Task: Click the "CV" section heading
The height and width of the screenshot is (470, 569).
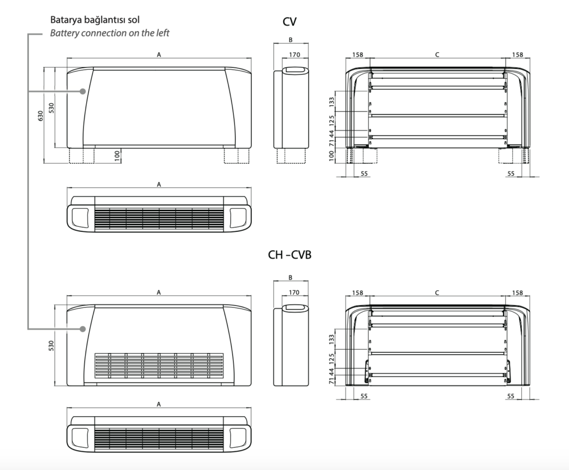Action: pos(290,22)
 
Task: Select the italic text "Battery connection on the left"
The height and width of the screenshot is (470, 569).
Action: pos(109,33)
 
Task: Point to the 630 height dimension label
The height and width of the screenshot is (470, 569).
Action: pos(40,115)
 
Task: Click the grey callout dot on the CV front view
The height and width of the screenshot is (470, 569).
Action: pos(82,91)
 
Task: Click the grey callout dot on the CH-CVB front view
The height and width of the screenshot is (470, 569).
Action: pos(82,329)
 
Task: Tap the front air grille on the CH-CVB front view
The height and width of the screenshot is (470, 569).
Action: pos(159,366)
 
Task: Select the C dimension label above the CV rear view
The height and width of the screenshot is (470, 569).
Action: pos(437,54)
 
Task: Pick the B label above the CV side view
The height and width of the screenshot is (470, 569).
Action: pos(291,40)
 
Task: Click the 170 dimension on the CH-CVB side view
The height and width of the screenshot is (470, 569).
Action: pos(295,292)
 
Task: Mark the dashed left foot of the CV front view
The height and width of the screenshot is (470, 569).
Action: pos(77,155)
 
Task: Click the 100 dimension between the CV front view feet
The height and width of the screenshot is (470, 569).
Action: pos(118,155)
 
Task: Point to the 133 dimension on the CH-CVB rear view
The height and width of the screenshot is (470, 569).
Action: pos(332,337)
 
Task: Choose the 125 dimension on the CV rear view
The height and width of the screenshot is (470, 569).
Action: pos(332,120)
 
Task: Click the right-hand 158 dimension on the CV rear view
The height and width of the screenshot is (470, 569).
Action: pos(517,54)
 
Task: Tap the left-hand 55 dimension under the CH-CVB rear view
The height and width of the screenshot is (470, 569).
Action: pos(364,396)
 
